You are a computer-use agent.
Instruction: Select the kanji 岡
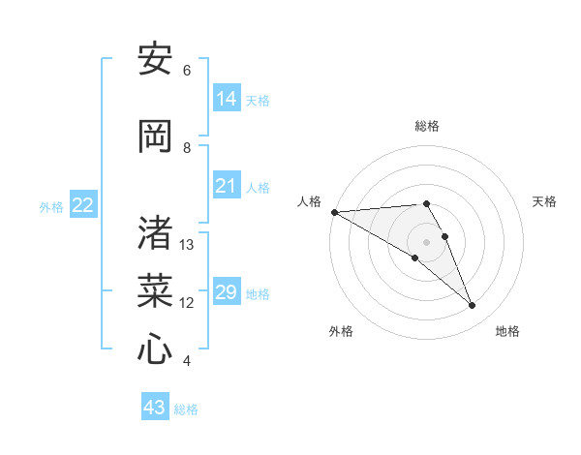coord(155,136)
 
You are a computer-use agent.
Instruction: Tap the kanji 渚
coord(155,233)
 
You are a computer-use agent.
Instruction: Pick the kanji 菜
coord(155,290)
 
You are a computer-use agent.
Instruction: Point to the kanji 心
coord(155,349)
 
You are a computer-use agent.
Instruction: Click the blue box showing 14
coord(227,98)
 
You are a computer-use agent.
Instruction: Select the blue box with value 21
coord(227,186)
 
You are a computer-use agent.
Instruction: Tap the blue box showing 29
coord(227,292)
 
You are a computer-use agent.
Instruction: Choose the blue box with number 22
coord(83,205)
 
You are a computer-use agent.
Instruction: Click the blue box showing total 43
coord(155,408)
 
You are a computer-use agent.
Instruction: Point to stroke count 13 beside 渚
coord(187,245)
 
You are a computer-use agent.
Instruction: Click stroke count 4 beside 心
coord(187,361)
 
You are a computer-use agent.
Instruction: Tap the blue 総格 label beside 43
coord(186,409)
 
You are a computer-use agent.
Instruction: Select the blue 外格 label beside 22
coord(50,207)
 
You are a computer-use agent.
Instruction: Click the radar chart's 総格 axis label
coord(426,126)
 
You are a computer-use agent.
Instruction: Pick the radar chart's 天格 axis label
coord(545,201)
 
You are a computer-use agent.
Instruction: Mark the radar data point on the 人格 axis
coord(334,211)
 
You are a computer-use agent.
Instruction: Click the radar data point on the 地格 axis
coord(472,306)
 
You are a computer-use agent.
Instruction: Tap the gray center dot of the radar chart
coord(426,241)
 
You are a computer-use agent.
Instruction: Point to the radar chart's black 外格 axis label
coord(341,331)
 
